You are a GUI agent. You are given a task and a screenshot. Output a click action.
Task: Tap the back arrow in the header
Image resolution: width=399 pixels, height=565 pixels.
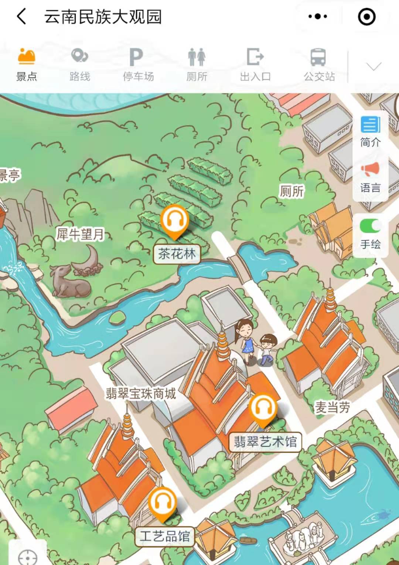22,17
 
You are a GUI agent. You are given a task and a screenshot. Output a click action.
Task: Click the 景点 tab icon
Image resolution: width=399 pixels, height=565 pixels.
27,56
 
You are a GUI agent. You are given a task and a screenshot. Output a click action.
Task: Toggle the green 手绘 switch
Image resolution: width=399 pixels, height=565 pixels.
370,225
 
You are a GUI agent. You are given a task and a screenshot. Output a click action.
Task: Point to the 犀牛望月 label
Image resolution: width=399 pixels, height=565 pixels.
80,234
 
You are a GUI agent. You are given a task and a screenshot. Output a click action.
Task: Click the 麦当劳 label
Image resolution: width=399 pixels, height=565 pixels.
332,407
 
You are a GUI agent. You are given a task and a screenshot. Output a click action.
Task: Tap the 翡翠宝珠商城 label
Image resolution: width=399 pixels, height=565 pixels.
141,393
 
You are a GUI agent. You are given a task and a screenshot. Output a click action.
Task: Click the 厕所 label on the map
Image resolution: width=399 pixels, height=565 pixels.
291,191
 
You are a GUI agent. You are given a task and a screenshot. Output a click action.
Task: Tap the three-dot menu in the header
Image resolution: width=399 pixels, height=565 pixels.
317,17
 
